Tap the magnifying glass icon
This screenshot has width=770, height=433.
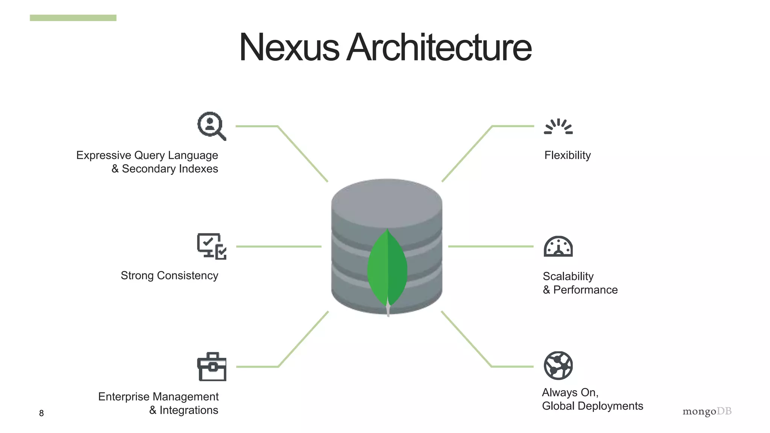coord(211,126)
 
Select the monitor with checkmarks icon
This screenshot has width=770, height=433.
coord(212,246)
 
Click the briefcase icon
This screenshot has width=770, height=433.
coord(212,367)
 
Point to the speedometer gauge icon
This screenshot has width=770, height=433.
coord(558,247)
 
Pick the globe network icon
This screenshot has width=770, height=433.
coord(558,365)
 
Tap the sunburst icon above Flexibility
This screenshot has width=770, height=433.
coord(558,127)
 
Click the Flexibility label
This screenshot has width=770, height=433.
coord(567,155)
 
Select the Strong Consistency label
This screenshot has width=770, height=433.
coord(169,276)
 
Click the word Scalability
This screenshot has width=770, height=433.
coord(568,276)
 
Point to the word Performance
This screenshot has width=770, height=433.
coord(585,290)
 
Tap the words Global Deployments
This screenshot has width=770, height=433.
coord(593,406)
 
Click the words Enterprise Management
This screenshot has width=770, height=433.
coord(158,397)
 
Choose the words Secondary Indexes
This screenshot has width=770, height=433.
coord(170,169)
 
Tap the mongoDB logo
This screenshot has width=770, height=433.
coord(707,411)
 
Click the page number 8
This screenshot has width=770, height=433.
coord(41,413)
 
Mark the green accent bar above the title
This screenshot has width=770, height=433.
coord(73,18)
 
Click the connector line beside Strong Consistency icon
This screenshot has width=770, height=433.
coord(279,247)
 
